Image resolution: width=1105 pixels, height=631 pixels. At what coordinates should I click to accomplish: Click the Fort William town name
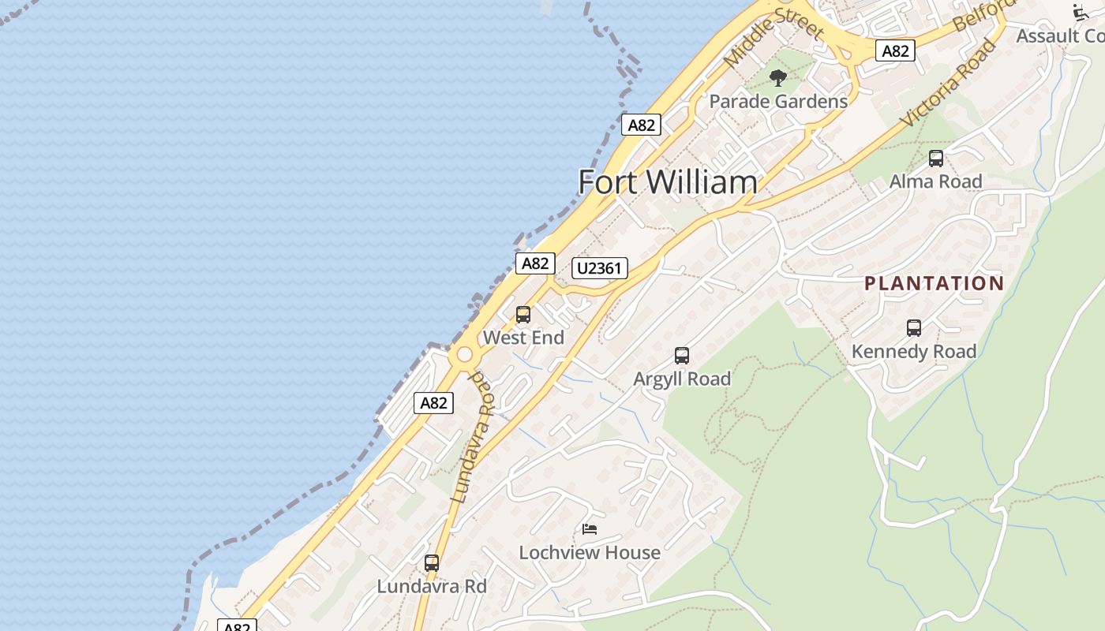668,182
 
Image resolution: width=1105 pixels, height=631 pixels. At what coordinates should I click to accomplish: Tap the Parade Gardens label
778,102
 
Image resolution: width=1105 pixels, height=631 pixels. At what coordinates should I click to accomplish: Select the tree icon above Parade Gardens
778,78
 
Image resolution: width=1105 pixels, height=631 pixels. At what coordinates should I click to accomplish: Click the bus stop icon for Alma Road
936,159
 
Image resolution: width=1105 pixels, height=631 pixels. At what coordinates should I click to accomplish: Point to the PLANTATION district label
934,283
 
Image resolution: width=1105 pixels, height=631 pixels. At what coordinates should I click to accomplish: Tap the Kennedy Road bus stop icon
914,328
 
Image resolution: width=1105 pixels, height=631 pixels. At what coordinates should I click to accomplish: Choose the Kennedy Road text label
914,351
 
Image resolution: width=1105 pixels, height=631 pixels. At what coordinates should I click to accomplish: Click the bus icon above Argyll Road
682,356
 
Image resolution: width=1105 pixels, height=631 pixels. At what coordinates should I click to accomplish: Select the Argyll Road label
682,379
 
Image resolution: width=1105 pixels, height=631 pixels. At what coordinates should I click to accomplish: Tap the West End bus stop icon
523,315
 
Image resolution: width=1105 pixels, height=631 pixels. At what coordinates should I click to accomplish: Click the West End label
523,338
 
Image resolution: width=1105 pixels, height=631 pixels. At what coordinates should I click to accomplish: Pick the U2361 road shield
600,268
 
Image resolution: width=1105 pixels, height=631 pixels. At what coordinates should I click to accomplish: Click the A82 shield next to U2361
535,263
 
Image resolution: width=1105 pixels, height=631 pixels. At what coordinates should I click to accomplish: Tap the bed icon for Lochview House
590,529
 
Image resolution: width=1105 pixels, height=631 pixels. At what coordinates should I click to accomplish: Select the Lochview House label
590,552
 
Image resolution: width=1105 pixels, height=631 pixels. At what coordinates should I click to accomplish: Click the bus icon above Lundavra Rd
432,563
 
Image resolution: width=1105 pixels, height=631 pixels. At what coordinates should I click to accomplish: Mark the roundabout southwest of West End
463,357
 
